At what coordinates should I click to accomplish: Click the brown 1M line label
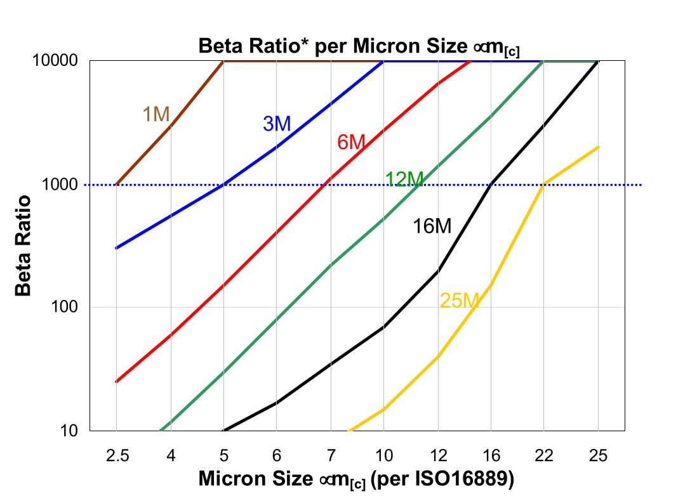(x=156, y=114)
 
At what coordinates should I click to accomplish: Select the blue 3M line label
(x=277, y=124)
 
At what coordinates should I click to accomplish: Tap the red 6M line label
(x=351, y=143)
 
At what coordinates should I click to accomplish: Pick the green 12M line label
(x=404, y=179)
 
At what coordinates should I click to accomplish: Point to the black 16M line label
(x=432, y=226)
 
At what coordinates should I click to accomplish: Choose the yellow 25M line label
(x=458, y=301)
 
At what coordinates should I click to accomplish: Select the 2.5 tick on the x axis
(x=116, y=455)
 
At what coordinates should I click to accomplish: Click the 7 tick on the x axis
(x=330, y=455)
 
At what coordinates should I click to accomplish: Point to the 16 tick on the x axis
(x=491, y=455)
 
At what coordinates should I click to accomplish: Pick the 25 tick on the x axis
(x=598, y=455)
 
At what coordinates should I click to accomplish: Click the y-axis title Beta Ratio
(x=23, y=246)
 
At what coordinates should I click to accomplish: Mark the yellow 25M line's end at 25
(x=598, y=147)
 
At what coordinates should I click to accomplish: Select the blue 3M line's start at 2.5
(x=116, y=248)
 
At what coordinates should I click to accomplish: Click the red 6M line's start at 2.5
(x=116, y=382)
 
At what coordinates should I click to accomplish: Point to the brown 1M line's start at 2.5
(x=116, y=185)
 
